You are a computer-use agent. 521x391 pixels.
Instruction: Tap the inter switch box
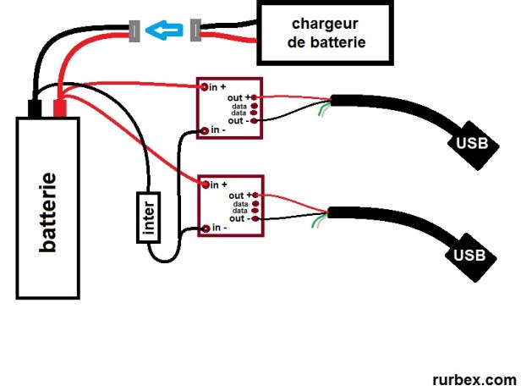click(148, 216)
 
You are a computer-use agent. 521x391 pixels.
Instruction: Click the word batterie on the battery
click(49, 212)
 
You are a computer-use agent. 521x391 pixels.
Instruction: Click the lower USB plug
click(470, 254)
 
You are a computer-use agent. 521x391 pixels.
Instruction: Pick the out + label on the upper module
click(239, 98)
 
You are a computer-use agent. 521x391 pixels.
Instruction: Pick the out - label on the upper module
click(238, 121)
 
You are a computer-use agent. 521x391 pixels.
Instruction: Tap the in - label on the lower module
click(218, 227)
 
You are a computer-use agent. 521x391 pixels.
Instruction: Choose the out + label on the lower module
click(239, 195)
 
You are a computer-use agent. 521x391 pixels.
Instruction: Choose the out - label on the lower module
click(238, 218)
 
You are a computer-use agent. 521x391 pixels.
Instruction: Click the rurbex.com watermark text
click(474, 380)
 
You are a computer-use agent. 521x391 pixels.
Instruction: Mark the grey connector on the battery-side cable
click(134, 31)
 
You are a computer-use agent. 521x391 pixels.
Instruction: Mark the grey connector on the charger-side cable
click(196, 31)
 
